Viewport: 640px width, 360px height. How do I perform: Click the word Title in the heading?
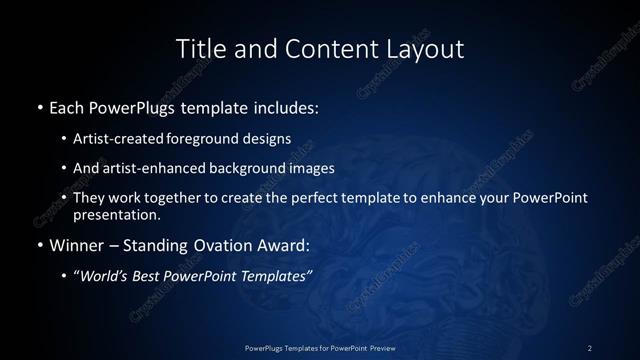(x=199, y=48)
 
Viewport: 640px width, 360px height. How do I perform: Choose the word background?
(x=248, y=168)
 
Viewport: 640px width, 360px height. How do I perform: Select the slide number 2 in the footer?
(x=589, y=347)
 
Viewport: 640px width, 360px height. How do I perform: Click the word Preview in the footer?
(x=379, y=347)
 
